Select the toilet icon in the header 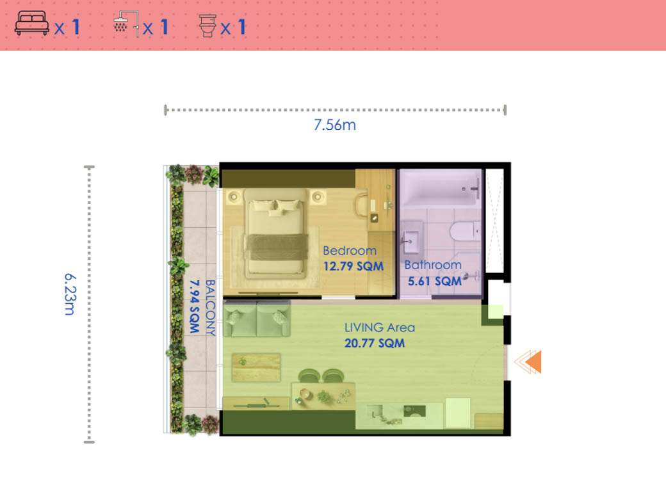[x=207, y=26]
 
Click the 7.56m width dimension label [x=334, y=125]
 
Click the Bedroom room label [x=350, y=251]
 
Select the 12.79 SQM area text [x=353, y=265]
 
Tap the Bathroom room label [x=433, y=265]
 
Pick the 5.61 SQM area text [x=435, y=280]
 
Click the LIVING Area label [x=380, y=328]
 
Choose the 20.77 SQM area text [x=375, y=344]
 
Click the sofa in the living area [x=260, y=319]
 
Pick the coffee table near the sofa [x=256, y=367]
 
